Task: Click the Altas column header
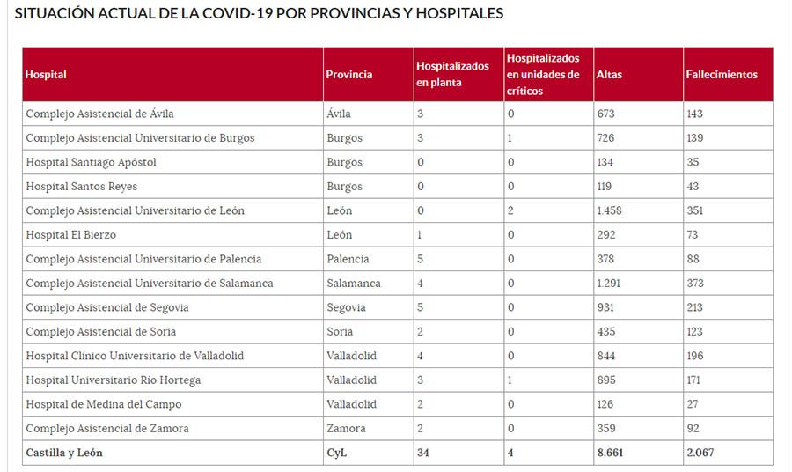pyautogui.click(x=609, y=75)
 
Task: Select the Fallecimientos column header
pyautogui.click(x=721, y=75)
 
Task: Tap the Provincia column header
pyautogui.click(x=348, y=75)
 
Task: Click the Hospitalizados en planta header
pyautogui.click(x=452, y=75)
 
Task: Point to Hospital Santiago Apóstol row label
pyautogui.click(x=91, y=162)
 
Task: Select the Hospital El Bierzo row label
pyautogui.click(x=70, y=235)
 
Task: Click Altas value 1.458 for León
pyautogui.click(x=608, y=210)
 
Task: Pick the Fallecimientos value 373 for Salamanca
pyautogui.click(x=696, y=284)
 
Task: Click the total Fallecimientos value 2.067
pyautogui.click(x=701, y=453)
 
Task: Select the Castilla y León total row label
pyautogui.click(x=64, y=453)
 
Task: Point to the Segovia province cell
pyautogui.click(x=344, y=307)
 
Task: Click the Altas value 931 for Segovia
pyautogui.click(x=605, y=307)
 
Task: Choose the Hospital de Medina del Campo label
pyautogui.click(x=103, y=404)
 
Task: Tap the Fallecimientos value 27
pyautogui.click(x=693, y=404)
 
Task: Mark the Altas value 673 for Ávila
pyautogui.click(x=605, y=114)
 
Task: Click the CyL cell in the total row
pyautogui.click(x=336, y=453)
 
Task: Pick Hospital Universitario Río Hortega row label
pyautogui.click(x=113, y=380)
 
